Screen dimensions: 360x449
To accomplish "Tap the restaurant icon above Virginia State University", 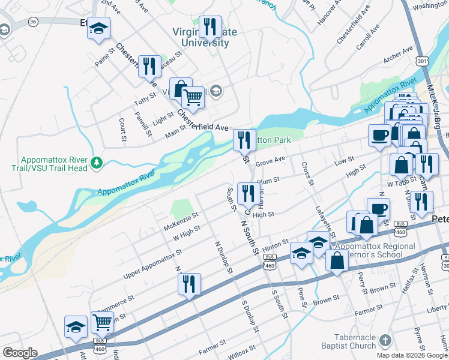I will tap(209, 26).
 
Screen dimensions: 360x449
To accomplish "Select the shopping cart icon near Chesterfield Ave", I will tap(193, 97).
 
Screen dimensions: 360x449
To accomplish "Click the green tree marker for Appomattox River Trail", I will tap(96, 163).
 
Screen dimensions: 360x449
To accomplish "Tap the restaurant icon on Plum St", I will tap(246, 193).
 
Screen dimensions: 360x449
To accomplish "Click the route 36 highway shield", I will tap(33, 22).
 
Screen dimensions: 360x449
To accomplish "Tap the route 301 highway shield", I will tap(423, 61).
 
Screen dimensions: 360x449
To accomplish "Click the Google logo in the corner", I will tap(19, 353).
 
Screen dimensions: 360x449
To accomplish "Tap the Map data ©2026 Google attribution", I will tap(411, 355).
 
